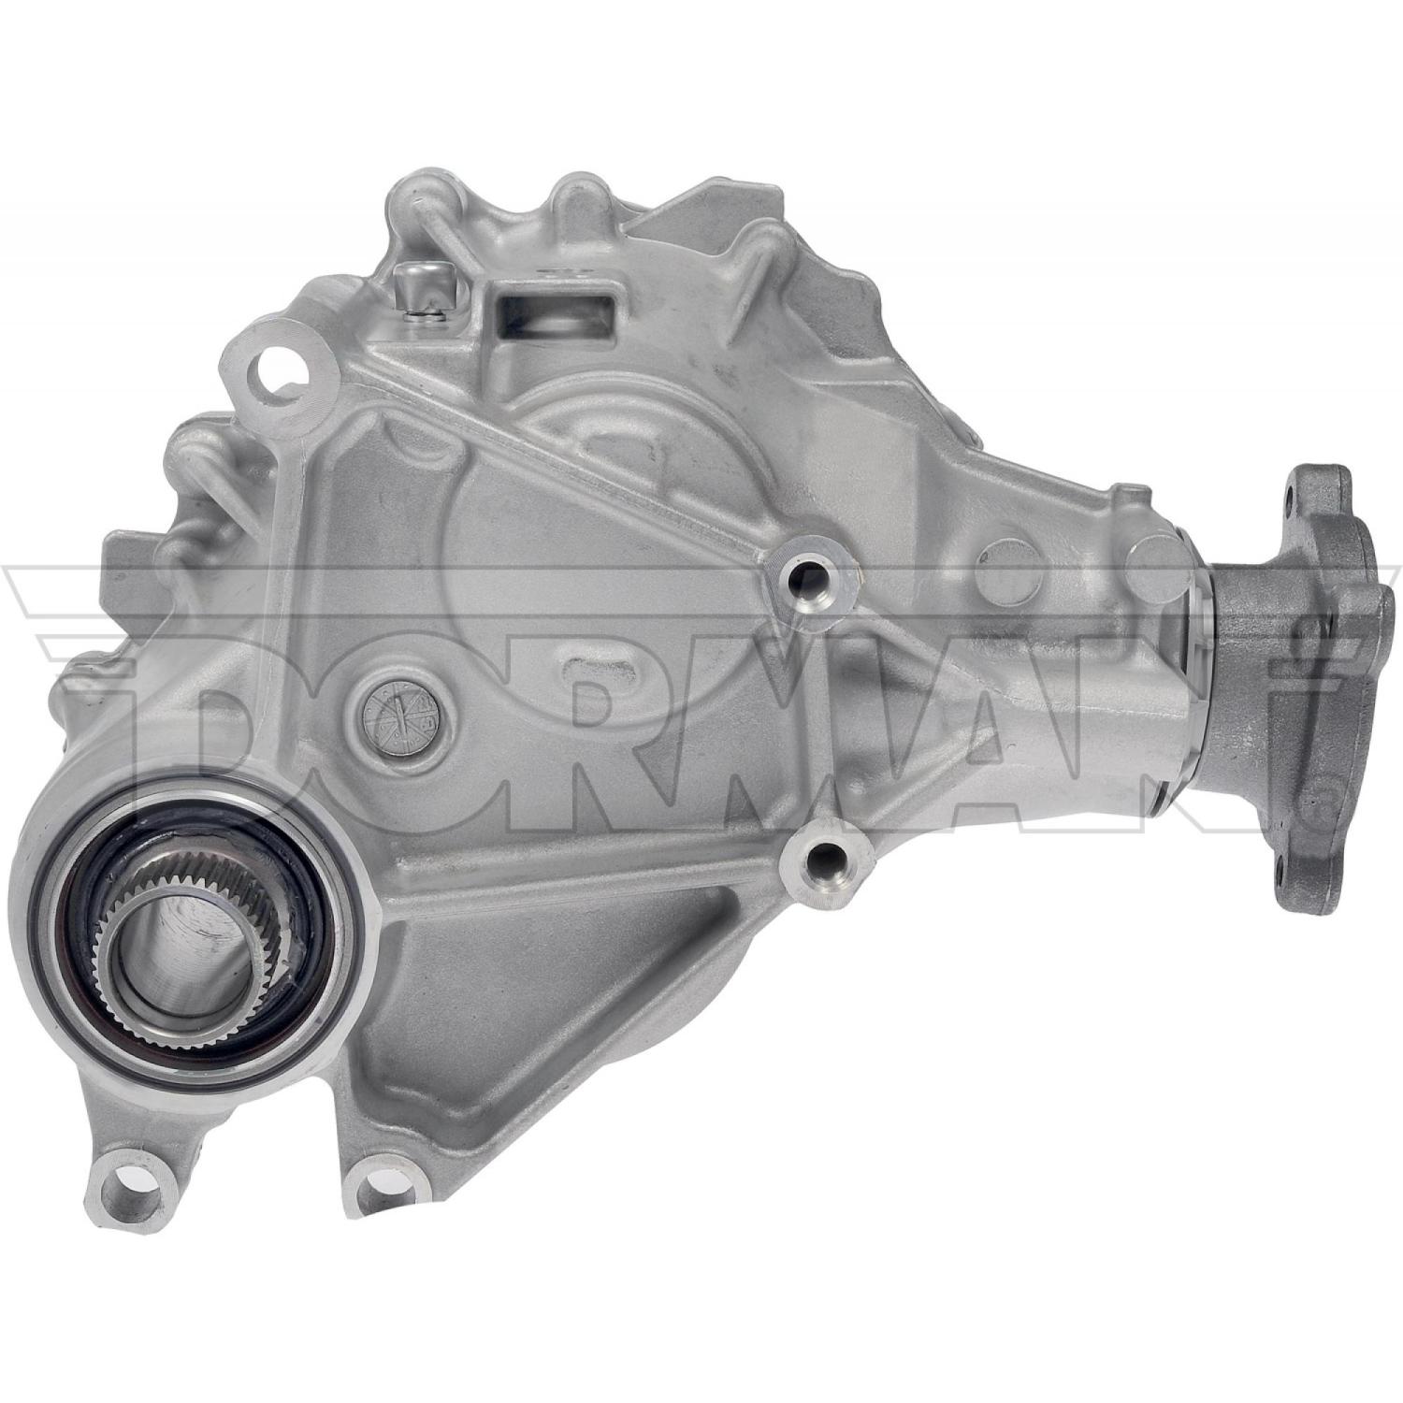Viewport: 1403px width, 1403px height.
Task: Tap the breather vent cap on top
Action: click(x=412, y=286)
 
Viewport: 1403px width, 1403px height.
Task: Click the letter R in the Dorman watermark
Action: click(x=599, y=720)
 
